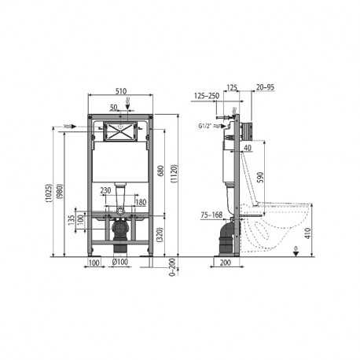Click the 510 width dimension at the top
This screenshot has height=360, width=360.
click(119, 90)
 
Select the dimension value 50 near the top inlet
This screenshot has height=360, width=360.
click(115, 105)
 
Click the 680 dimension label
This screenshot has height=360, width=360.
click(161, 172)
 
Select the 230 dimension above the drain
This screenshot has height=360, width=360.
click(105, 189)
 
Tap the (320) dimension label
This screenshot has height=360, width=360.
click(160, 233)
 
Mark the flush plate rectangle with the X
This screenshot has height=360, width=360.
click(119, 133)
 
